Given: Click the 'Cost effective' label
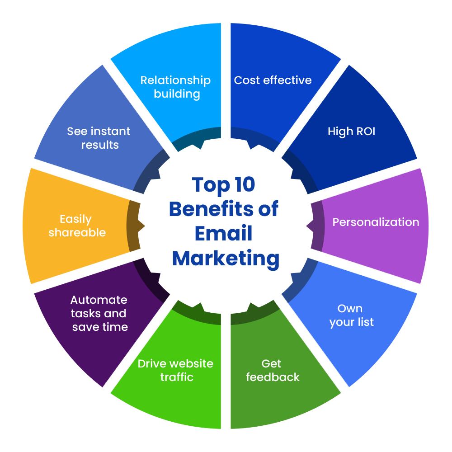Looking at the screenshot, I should pos(273,80).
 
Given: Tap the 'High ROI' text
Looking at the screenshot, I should pos(351,132).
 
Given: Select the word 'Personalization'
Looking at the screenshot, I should pos(376,222).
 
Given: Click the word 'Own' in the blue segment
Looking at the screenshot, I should pos(350,309).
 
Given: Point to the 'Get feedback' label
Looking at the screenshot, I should pos(273,370).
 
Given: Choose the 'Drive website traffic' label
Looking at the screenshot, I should pos(175,370).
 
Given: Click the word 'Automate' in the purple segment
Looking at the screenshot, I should pos(99,300).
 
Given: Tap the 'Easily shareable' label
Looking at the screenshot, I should pos(77,226).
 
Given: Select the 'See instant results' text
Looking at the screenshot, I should pos(99,138).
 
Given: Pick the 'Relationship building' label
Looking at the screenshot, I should pos(175,87).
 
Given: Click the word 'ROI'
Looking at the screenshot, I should pos(364,132).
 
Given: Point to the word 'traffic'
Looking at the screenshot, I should pos(177,377).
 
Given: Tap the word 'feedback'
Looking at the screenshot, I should pos(273,377).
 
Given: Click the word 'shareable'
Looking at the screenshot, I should pos(77,233).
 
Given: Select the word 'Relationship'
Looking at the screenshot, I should pos(175,80).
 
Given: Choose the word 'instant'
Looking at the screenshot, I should pos(110,132).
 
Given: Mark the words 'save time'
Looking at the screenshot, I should pos(100,327).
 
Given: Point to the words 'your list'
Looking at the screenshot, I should pos(352,322).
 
